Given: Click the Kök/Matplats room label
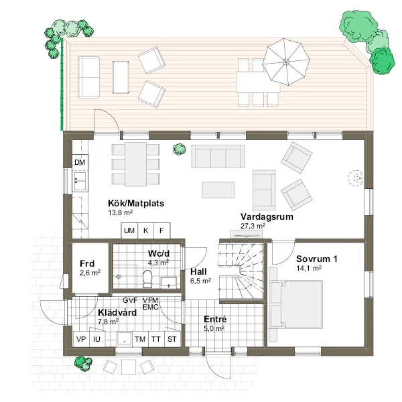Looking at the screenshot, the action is pyautogui.click(x=136, y=203).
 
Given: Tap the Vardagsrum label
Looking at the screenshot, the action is pyautogui.click(x=267, y=216).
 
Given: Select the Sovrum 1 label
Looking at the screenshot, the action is pyautogui.click(x=317, y=259).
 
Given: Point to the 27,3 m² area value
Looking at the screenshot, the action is pyautogui.click(x=253, y=226).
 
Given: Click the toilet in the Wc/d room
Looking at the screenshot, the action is pyautogui.click(x=147, y=279).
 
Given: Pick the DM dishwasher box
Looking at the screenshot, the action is pyautogui.click(x=80, y=162).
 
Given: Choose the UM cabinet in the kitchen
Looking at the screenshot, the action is pyautogui.click(x=129, y=230).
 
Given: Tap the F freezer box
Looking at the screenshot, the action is pyautogui.click(x=161, y=230).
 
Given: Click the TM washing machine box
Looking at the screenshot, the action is pyautogui.click(x=140, y=339).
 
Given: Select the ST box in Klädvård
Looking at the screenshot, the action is pyautogui.click(x=172, y=339).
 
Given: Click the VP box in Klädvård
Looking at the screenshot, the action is pyautogui.click(x=81, y=339).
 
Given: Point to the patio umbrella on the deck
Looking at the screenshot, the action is pyautogui.click(x=286, y=62).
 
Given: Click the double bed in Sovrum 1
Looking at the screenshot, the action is pyautogui.click(x=296, y=305).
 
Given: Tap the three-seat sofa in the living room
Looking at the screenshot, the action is pyautogui.click(x=218, y=156).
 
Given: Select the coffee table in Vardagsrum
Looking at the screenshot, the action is pyautogui.click(x=218, y=190).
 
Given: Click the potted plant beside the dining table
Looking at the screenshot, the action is pyautogui.click(x=179, y=149).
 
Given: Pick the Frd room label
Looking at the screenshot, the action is pyautogui.click(x=87, y=263).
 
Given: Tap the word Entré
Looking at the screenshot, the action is pyautogui.click(x=215, y=320).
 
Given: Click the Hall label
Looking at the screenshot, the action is pyautogui.click(x=198, y=272).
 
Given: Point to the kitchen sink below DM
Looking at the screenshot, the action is pyautogui.click(x=80, y=181).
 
